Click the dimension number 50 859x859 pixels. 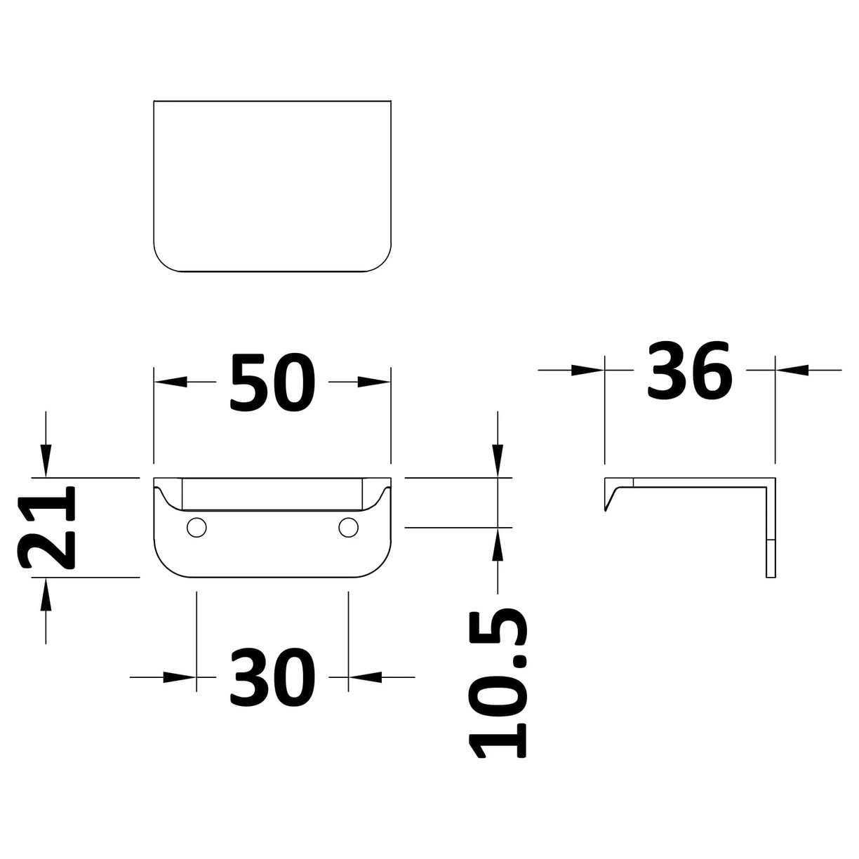click(x=272, y=382)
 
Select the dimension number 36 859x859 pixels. click(x=690, y=370)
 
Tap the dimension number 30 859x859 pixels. click(x=272, y=677)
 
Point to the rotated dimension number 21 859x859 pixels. click(x=46, y=528)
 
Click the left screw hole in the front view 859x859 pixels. click(x=197, y=528)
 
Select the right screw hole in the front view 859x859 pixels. click(x=348, y=528)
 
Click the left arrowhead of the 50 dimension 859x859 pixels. click(x=171, y=382)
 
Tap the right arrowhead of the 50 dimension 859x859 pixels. click(x=374, y=382)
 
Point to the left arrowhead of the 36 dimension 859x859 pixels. click(x=588, y=370)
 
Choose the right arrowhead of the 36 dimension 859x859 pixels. click(x=792, y=370)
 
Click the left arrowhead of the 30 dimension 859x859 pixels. click(x=180, y=677)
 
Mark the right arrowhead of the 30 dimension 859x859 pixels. click(x=365, y=677)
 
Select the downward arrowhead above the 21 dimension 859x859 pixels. click(x=46, y=461)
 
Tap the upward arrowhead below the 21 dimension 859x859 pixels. click(x=46, y=594)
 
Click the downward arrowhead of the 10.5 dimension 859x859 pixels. click(x=498, y=461)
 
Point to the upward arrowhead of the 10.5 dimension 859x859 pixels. click(x=498, y=545)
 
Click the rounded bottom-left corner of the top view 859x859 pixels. click(x=161, y=263)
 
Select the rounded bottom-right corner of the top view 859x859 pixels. click(x=383, y=263)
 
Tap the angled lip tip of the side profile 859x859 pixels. click(x=606, y=510)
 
